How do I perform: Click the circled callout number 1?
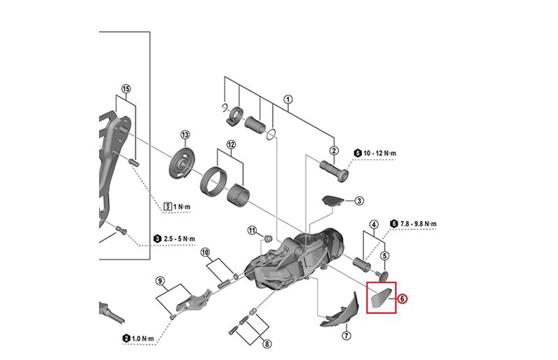point(288,99)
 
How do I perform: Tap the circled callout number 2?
point(334,151)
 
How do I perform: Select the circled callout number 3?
point(359,201)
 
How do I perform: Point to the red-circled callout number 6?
point(402,298)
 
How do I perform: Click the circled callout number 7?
point(346,336)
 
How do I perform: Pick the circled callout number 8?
point(266,343)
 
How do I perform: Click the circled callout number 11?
point(252,230)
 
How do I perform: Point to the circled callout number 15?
point(126,89)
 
